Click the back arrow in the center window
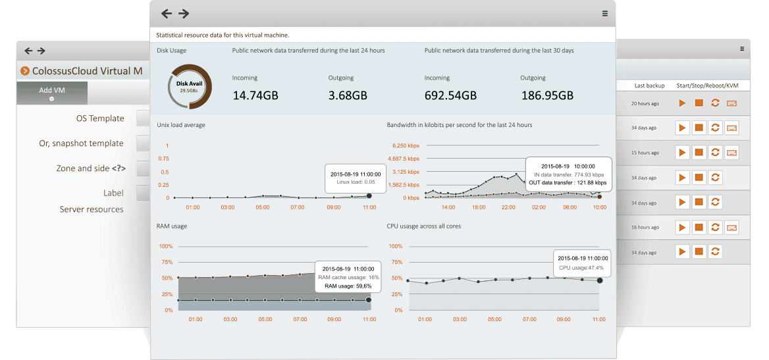(x=167, y=13)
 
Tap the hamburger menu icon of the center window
(x=605, y=13)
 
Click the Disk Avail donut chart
(x=194, y=87)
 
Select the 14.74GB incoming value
(x=255, y=95)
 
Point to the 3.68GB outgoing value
(x=348, y=95)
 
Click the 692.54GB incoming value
(x=450, y=95)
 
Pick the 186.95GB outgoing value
(x=547, y=95)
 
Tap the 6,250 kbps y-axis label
(x=405, y=145)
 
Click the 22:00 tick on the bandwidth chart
(x=508, y=207)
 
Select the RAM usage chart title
(x=172, y=226)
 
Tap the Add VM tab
(x=52, y=91)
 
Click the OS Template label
(x=100, y=118)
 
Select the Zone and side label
(x=91, y=168)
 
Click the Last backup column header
(x=649, y=86)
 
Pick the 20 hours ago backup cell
(x=645, y=103)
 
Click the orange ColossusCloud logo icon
(x=25, y=71)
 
